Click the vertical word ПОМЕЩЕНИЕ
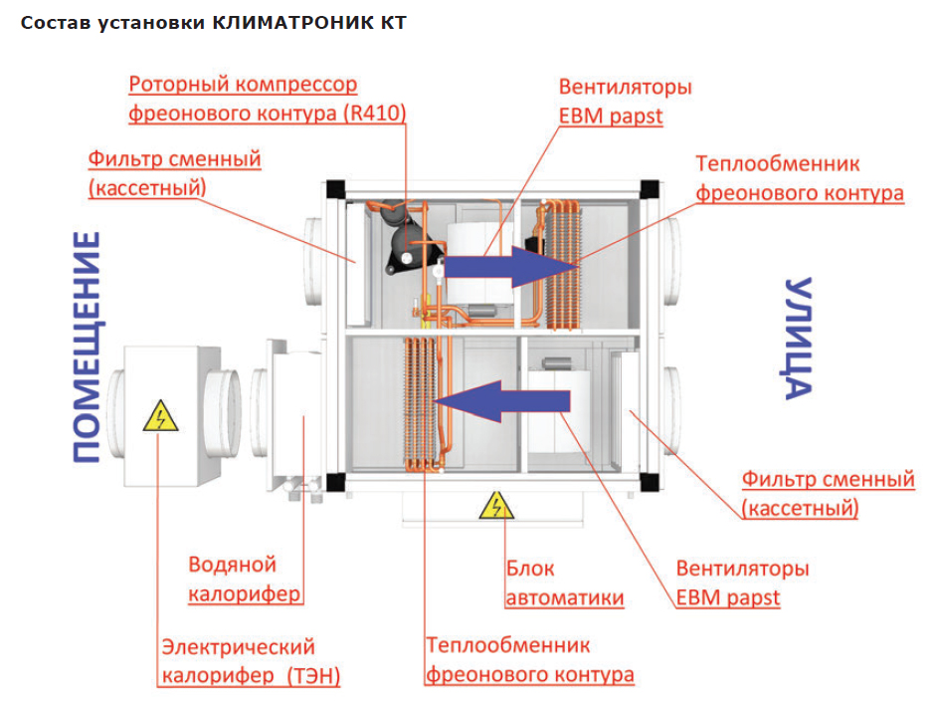87,349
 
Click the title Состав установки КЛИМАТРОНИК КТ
213,23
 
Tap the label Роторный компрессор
243,86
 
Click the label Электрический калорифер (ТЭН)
251,662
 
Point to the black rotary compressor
405,240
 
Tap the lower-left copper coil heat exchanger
422,402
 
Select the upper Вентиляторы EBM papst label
625,101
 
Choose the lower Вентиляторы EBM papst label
742,584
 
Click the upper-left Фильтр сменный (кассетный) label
174,172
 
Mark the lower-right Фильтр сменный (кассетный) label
828,494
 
